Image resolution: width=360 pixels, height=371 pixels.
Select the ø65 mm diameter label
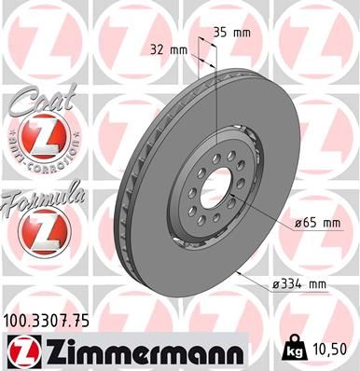click(x=317, y=224)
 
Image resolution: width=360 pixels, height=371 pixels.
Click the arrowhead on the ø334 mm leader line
click(x=241, y=273)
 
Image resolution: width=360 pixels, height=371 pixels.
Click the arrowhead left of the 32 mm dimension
click(x=192, y=53)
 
